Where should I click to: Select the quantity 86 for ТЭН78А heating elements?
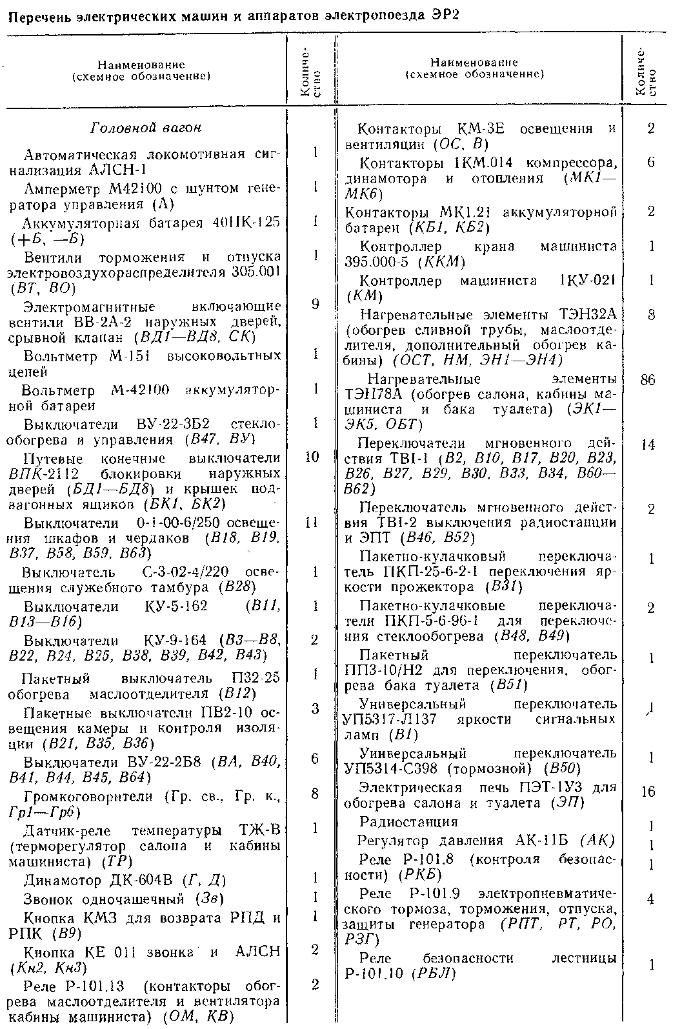[648, 380]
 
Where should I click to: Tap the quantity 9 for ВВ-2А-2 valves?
[314, 304]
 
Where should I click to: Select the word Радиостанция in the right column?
[409, 821]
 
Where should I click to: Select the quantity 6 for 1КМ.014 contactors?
[650, 162]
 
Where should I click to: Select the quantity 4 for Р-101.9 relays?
[650, 897]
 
